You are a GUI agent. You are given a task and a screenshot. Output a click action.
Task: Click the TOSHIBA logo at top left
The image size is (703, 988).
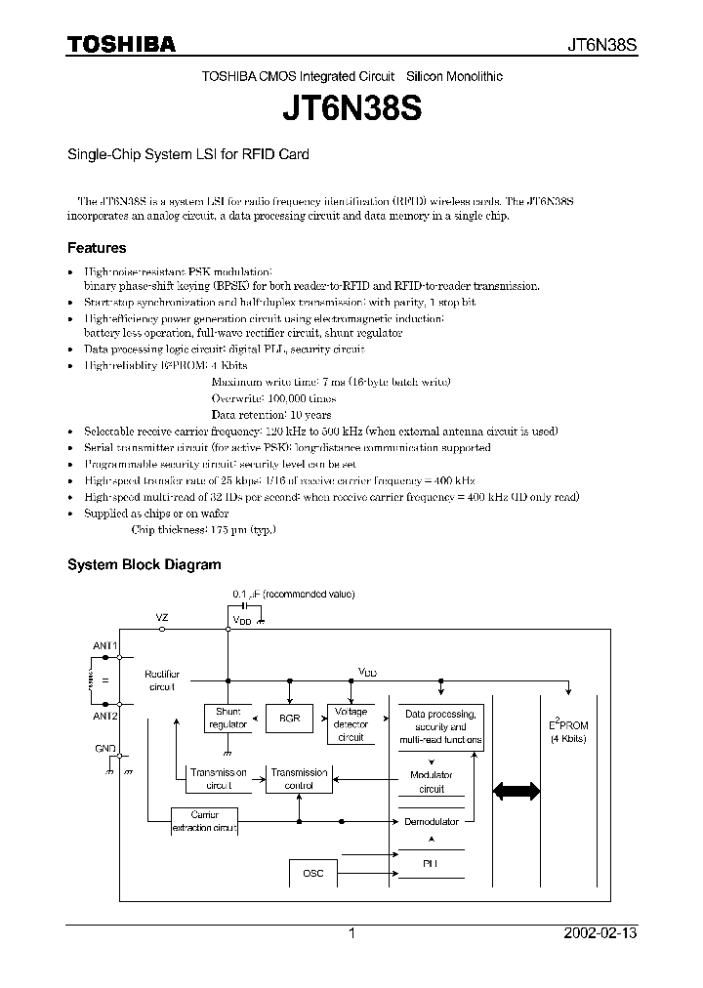click(x=121, y=44)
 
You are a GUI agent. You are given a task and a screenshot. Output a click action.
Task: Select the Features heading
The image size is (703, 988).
click(x=96, y=248)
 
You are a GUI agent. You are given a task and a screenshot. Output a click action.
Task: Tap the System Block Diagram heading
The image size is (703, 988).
click(x=144, y=564)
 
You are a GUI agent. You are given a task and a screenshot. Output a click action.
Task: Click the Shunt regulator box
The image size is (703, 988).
click(x=227, y=719)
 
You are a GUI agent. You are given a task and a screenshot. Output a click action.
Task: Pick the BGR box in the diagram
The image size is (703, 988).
click(x=289, y=719)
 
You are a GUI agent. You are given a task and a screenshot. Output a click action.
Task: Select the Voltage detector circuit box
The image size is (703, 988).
click(x=350, y=724)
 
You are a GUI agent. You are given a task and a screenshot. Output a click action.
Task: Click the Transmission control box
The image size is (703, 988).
click(x=299, y=778)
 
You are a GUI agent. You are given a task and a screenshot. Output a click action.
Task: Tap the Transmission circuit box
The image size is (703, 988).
click(x=218, y=778)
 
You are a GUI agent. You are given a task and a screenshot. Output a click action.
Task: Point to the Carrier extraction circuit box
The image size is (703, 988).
click(x=204, y=821)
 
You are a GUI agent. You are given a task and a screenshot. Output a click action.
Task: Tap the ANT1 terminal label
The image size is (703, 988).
click(x=105, y=645)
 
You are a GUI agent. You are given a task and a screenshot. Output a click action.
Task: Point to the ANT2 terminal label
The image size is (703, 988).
click(x=105, y=716)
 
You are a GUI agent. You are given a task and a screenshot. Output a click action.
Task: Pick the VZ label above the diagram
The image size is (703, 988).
click(x=162, y=618)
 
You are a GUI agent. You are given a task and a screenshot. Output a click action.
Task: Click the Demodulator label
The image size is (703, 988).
click(x=432, y=821)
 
